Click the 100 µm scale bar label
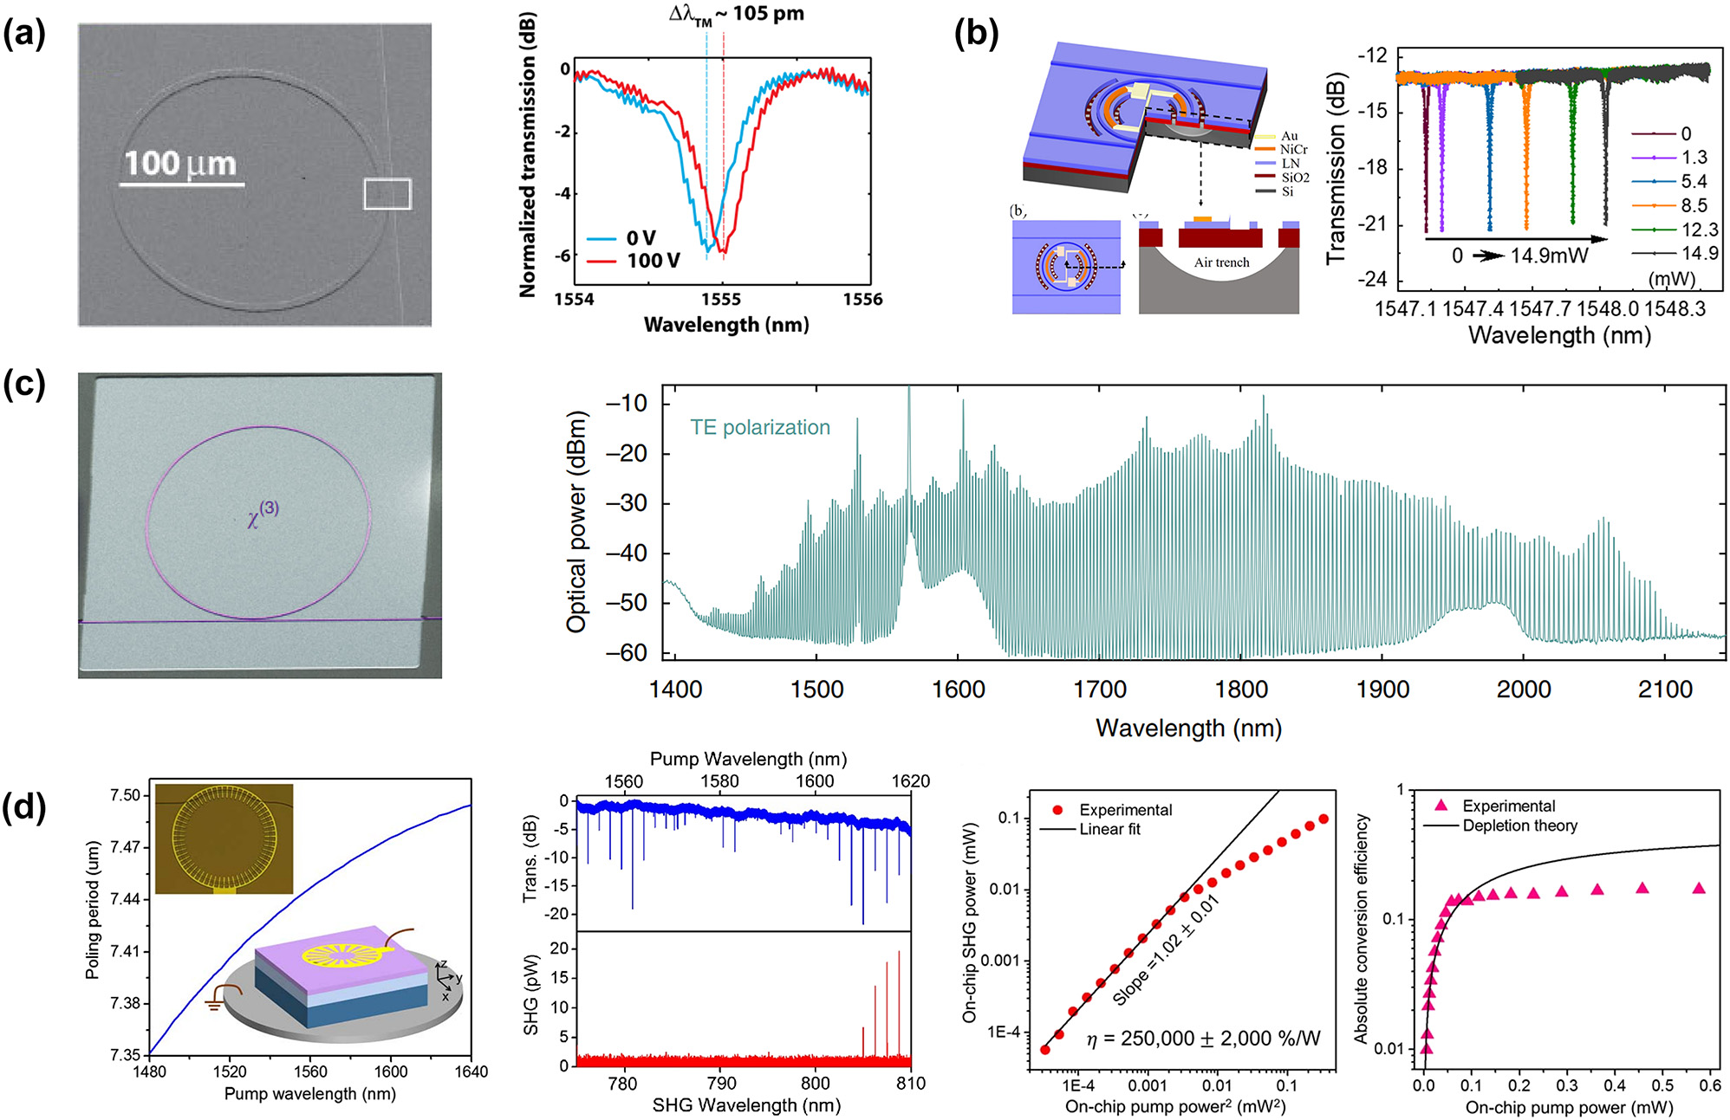point(180,164)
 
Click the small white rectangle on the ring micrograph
point(387,194)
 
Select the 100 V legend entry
point(653,261)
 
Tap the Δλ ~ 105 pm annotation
point(737,15)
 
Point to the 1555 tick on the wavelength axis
point(721,299)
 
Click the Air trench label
point(1221,262)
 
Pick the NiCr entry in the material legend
point(1293,150)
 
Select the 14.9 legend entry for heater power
point(1699,253)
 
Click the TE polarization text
point(759,427)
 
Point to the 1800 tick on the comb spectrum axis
point(1241,689)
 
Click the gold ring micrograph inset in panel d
point(224,838)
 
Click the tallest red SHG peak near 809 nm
point(899,1005)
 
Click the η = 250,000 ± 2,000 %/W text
point(1203,1038)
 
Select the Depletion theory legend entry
point(1519,825)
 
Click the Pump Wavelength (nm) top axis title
point(748,759)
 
